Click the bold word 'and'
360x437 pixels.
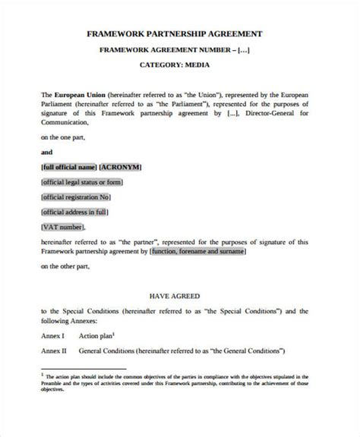pyautogui.click(x=47, y=152)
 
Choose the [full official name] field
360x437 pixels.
pyautogui.click(x=70, y=166)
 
